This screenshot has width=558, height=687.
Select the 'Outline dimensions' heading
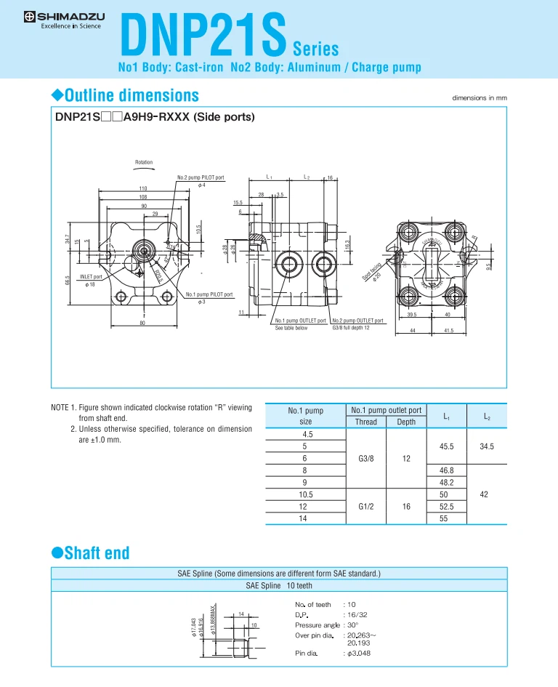coord(124,95)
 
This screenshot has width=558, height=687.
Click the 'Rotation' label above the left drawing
coord(144,162)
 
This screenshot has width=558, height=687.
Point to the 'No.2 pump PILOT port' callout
coord(201,177)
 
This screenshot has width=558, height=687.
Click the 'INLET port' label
coord(91,277)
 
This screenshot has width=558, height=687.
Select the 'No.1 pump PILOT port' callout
coord(209,294)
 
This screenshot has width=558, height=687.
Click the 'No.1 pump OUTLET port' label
coord(300,320)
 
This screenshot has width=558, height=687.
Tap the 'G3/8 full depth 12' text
coord(351,328)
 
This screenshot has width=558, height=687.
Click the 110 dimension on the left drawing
coord(143,188)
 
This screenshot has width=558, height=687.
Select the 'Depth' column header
coord(405,422)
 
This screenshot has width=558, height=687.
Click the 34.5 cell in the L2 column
coord(486,446)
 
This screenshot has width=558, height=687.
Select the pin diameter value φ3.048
coord(359,654)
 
